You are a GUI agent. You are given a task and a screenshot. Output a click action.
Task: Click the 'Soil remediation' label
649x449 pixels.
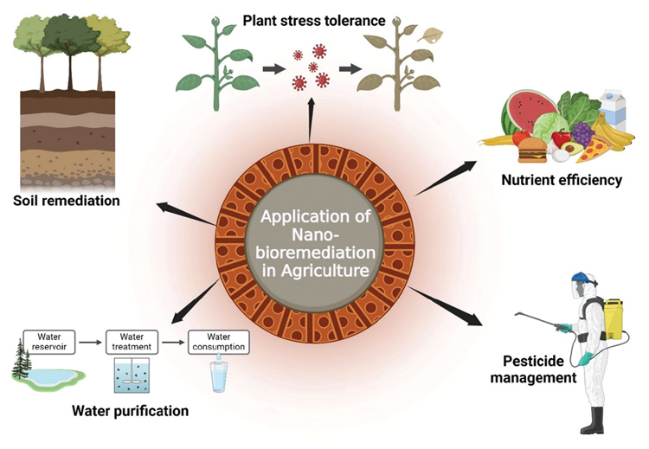pos(67,201)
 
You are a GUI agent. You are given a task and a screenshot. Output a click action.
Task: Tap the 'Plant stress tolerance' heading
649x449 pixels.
pos(314,20)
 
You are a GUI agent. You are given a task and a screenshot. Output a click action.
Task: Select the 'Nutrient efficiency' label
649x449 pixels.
pos(562,180)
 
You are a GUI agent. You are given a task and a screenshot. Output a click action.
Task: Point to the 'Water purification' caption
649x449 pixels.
pos(131,411)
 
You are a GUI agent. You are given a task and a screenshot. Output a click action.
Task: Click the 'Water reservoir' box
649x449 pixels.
pos(49,342)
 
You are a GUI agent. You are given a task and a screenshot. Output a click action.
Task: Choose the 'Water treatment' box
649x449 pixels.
pos(132,342)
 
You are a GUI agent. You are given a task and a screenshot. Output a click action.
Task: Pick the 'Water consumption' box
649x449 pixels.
pos(219,342)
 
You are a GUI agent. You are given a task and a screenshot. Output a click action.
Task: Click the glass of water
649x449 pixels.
pos(219,376)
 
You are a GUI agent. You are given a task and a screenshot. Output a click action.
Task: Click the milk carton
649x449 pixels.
pos(613,110)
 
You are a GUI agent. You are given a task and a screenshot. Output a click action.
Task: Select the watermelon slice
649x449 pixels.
pos(529,112)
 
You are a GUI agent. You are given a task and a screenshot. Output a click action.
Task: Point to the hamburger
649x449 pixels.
pos(532,151)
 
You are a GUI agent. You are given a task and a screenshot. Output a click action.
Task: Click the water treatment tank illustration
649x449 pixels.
pos(132,375)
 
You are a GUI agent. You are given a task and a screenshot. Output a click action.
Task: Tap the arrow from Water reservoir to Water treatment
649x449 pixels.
pos(90,343)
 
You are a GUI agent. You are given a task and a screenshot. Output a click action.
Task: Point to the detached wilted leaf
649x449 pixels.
pos(430,35)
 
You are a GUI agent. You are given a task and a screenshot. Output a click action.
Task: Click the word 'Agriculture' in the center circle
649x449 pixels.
pos(324,271)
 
